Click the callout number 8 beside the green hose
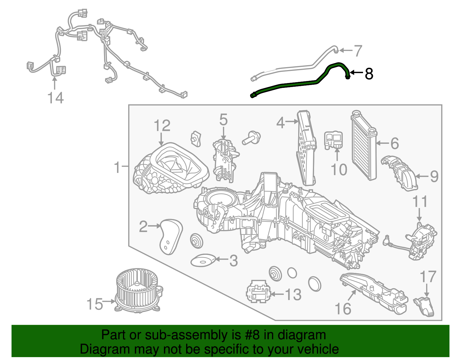369,74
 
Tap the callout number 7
358,51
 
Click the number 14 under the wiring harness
55,98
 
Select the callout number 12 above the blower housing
162,126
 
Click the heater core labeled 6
364,146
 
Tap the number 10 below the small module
339,169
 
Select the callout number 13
293,295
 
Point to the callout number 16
343,309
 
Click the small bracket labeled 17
425,307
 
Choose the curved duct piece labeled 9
400,173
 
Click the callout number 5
223,120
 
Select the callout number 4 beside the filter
280,123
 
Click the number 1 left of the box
117,167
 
